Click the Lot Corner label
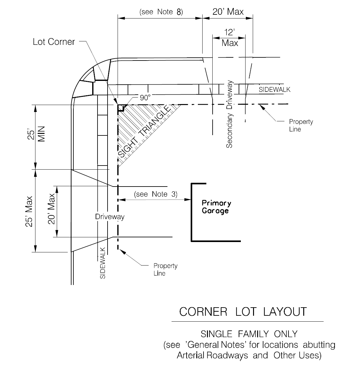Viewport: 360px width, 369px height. click(x=54, y=42)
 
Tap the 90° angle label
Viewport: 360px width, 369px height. click(x=145, y=98)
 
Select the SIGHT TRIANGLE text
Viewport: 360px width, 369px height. click(x=144, y=131)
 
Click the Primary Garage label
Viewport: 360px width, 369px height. click(x=216, y=207)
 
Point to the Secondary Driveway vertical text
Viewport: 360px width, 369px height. click(x=229, y=114)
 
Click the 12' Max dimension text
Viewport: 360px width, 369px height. click(x=230, y=38)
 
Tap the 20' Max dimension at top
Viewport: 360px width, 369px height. click(x=228, y=12)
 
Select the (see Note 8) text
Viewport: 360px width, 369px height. click(x=161, y=12)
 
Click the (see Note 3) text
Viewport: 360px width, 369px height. click(x=156, y=194)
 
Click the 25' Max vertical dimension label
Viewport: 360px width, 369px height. click(x=29, y=212)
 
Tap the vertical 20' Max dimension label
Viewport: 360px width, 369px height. click(x=51, y=209)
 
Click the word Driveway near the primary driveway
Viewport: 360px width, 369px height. click(x=110, y=217)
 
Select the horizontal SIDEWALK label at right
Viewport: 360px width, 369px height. click(x=274, y=90)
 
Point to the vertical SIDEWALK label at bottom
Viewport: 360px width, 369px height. click(x=103, y=263)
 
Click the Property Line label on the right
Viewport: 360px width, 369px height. click(x=301, y=125)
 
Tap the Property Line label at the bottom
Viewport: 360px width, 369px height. click(x=165, y=269)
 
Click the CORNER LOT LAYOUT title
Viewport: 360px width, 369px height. click(x=243, y=312)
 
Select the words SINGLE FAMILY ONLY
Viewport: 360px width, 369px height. click(x=249, y=334)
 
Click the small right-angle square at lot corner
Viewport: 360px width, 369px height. click(x=121, y=108)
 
